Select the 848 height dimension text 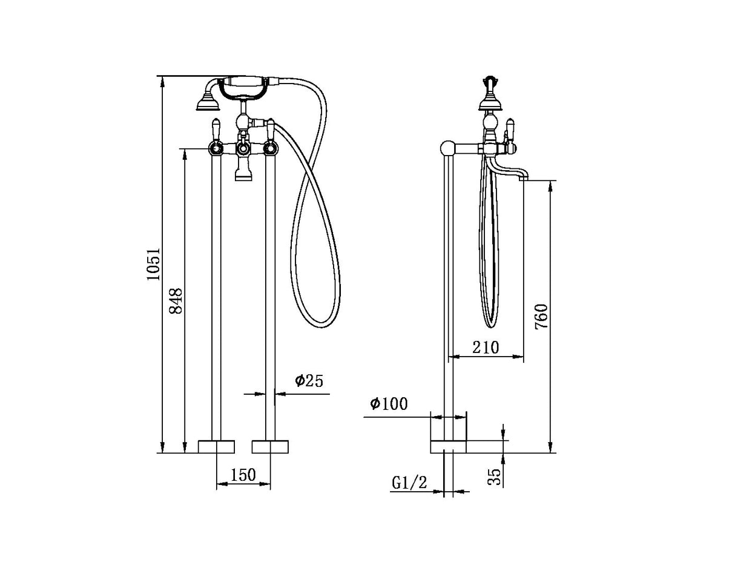point(176,301)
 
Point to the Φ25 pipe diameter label point(309,381)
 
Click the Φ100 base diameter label point(388,404)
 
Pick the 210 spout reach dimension point(486,347)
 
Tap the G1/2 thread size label point(410,483)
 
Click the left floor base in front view point(216,446)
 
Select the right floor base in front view point(269,446)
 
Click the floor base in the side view point(449,446)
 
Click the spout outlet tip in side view point(524,176)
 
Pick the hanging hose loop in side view point(492,254)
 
